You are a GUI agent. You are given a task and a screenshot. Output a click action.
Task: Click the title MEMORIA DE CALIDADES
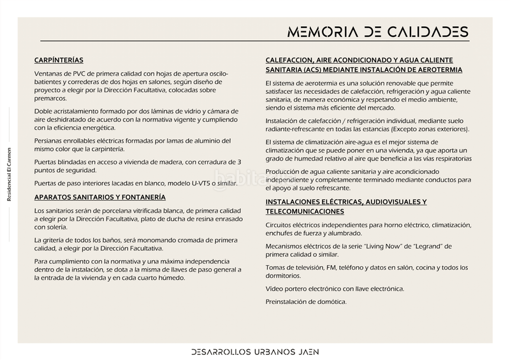pos(377,32)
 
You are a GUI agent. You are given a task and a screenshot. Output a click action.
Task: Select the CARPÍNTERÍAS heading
pos(59,61)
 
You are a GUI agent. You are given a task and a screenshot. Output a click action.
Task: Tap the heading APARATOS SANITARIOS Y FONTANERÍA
pos(99,198)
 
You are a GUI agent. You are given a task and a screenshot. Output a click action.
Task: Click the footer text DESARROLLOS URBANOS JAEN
pos(255,351)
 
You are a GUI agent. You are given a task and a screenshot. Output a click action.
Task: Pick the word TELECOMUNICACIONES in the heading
pos(305,211)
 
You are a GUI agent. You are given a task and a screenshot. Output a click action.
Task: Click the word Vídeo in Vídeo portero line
pos(275,289)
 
